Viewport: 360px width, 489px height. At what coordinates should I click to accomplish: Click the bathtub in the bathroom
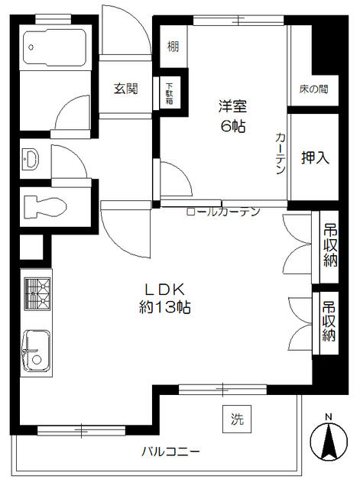54,47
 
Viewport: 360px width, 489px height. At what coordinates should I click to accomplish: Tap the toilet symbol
44,206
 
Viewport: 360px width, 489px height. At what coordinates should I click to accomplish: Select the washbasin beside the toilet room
31,160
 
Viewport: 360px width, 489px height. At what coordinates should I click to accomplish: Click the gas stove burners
37,293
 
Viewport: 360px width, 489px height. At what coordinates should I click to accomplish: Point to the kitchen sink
36,351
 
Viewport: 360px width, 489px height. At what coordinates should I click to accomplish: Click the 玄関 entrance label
125,89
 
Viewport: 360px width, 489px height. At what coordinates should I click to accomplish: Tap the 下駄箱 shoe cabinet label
170,93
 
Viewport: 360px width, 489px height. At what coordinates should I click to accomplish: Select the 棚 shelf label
174,47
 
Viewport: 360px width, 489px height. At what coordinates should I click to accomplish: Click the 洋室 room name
232,106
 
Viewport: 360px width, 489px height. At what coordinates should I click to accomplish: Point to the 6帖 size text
233,126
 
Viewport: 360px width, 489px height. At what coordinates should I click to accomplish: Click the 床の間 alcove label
314,89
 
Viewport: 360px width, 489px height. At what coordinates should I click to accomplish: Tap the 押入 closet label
316,157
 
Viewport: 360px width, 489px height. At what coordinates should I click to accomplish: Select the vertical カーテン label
281,153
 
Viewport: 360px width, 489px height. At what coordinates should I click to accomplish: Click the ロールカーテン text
223,212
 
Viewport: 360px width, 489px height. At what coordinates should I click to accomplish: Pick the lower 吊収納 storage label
329,321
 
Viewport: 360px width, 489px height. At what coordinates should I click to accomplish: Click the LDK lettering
165,290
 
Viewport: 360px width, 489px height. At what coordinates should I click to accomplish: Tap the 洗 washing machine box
237,419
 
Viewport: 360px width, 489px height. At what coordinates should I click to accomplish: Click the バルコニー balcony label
170,452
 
